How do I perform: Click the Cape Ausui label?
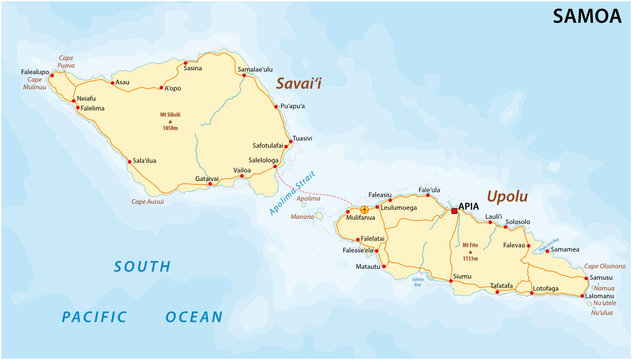(150, 201)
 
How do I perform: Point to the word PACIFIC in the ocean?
(93, 317)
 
